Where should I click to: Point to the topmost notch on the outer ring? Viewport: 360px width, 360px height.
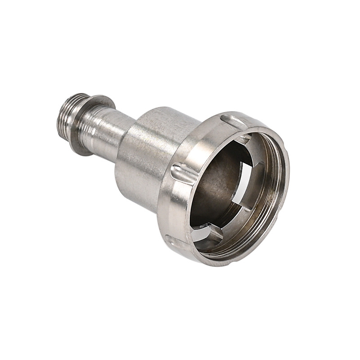pyautogui.click(x=234, y=121)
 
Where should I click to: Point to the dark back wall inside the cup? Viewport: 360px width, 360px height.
pyautogui.click(x=216, y=184)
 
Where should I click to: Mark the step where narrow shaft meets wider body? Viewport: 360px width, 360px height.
pyautogui.click(x=129, y=135)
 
